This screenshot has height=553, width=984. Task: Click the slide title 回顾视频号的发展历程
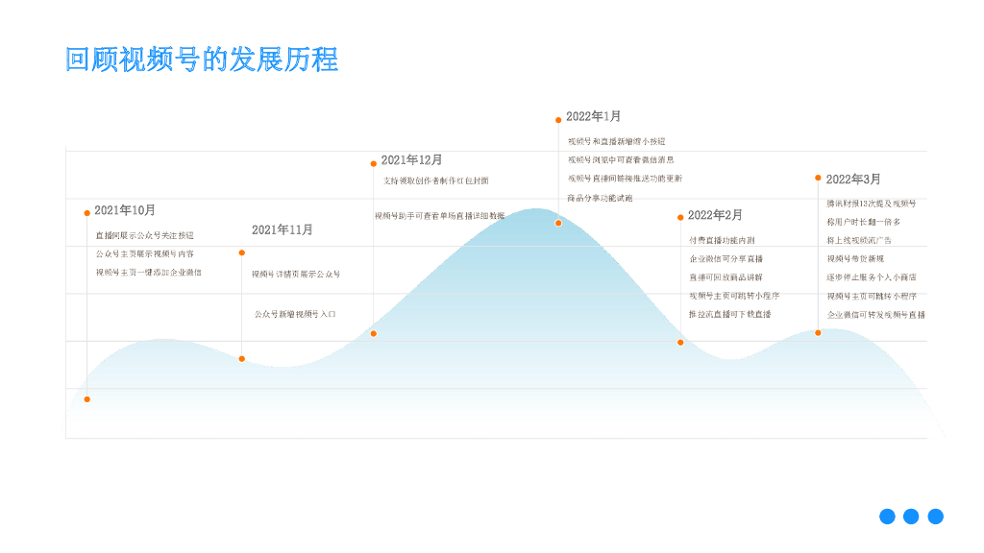(202, 59)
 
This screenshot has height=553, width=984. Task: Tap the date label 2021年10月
(125, 210)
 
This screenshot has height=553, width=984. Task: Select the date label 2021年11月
(283, 229)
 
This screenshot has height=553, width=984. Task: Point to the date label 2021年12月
(411, 159)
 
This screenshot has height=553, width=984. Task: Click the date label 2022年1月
(594, 116)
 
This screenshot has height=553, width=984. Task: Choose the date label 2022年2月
(715, 215)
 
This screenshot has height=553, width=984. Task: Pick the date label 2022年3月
(853, 179)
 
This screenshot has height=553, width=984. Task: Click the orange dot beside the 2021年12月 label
(374, 163)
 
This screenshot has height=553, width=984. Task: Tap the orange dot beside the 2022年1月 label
(558, 120)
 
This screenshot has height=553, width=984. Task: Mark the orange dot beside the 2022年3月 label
(818, 178)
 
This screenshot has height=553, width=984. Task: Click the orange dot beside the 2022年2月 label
(680, 217)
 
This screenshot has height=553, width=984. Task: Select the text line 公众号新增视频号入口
(295, 314)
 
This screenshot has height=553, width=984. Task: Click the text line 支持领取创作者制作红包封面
(435, 180)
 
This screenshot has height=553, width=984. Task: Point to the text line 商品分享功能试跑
(600, 198)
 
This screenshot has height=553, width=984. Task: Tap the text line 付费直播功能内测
(722, 240)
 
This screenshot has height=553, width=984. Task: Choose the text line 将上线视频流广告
(859, 240)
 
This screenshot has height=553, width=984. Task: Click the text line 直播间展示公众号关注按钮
(144, 235)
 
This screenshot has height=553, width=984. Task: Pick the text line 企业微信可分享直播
(726, 259)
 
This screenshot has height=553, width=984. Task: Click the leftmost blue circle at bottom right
(887, 517)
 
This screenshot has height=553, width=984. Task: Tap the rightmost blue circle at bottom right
(935, 517)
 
